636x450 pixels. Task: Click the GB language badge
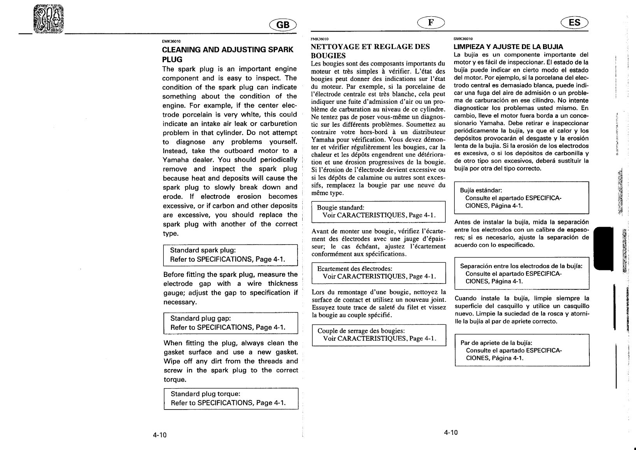coord(283,25)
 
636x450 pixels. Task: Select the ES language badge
coord(574,23)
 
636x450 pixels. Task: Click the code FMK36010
coord(319,39)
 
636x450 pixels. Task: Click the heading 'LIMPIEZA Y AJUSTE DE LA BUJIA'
coord(508,47)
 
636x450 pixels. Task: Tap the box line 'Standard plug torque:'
coord(205,394)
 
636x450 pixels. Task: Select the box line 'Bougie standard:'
coord(340,208)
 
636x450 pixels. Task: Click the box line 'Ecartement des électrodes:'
coord(354,269)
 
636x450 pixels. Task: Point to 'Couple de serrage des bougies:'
coord(361,331)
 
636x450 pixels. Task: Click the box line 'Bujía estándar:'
coord(481,190)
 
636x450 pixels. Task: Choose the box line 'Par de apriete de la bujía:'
coord(496,343)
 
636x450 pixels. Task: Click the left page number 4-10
coord(159,435)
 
